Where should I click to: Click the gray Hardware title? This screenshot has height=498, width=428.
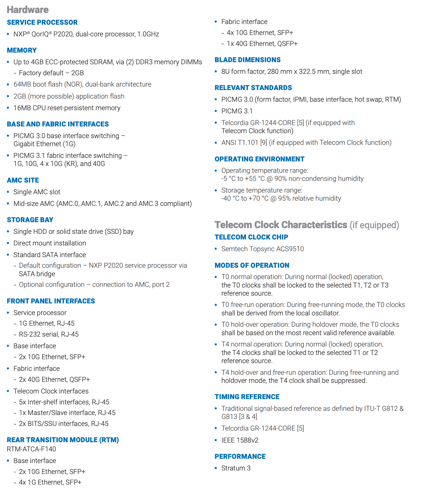pyautogui.click(x=28, y=10)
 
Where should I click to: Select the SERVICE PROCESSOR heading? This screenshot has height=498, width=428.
pyautogui.click(x=42, y=22)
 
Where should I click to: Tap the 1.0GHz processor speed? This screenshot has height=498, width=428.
pyautogui.click(x=148, y=34)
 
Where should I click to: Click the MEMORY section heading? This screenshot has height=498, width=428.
pyautogui.click(x=22, y=50)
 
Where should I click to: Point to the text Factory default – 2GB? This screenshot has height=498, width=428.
pyautogui.click(x=51, y=73)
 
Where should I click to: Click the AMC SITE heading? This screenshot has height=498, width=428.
pyautogui.click(x=23, y=180)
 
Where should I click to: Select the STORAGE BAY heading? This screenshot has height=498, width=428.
pyautogui.click(x=30, y=220)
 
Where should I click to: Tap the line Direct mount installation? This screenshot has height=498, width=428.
pyautogui.click(x=50, y=243)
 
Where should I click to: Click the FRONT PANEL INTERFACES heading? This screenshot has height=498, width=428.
pyautogui.click(x=51, y=301)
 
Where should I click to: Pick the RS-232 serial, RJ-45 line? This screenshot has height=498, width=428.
pyautogui.click(x=49, y=334)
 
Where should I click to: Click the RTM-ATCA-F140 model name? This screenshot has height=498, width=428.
pyautogui.click(x=31, y=449)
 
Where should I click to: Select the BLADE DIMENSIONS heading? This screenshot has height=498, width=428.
pyautogui.click(x=248, y=60)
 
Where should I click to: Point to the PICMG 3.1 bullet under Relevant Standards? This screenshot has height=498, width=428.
pyautogui.click(x=237, y=111)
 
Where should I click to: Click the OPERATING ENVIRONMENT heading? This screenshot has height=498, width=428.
pyautogui.click(x=260, y=159)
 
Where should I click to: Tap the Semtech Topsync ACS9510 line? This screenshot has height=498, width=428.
pyautogui.click(x=262, y=249)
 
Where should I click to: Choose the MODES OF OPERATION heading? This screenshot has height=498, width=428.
pyautogui.click(x=252, y=265)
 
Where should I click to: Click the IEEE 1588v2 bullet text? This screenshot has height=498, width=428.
pyautogui.click(x=240, y=440)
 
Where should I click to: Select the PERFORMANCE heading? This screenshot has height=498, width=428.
pyautogui.click(x=240, y=456)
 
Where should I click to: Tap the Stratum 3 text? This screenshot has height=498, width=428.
pyautogui.click(x=236, y=468)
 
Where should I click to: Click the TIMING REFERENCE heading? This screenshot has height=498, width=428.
pyautogui.click(x=247, y=397)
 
